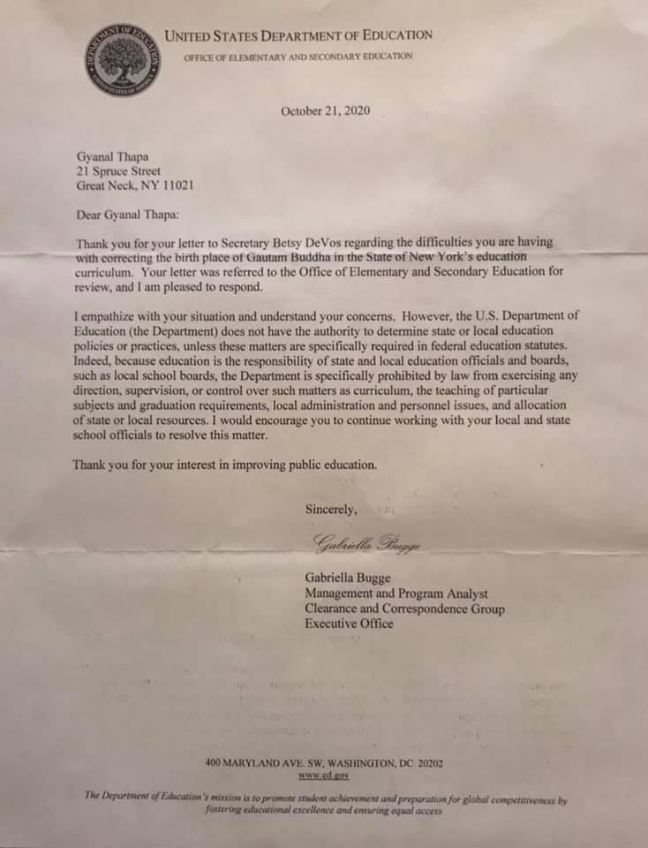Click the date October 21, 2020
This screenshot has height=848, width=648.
coord(325,111)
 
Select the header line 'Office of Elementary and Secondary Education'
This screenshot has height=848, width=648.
coord(298,57)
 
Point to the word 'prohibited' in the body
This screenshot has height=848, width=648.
coord(381,375)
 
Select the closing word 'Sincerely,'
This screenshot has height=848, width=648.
coord(331,509)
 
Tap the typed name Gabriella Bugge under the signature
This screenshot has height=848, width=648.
coord(348,579)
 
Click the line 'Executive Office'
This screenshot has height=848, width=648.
coord(349,624)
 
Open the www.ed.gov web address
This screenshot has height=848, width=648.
coord(324,775)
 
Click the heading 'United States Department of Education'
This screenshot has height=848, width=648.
coord(299,36)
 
